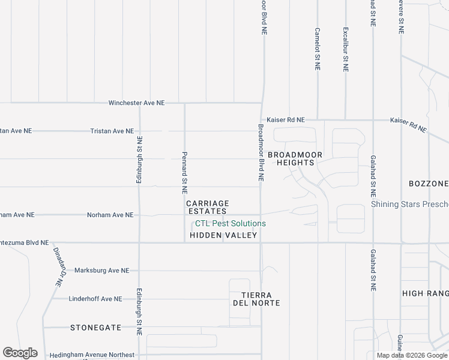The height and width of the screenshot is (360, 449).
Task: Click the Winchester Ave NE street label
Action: [x=136, y=103]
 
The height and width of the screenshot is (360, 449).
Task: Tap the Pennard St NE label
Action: [x=184, y=172]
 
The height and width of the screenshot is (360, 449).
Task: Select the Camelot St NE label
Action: [x=317, y=49]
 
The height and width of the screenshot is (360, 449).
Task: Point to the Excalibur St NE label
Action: [x=345, y=49]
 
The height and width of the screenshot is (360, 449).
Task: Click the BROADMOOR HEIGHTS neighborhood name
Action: [x=295, y=159]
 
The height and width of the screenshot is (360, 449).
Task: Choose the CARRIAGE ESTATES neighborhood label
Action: [x=208, y=208]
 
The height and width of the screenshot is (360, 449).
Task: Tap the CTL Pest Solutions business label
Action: [x=230, y=224]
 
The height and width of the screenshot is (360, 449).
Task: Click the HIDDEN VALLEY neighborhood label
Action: [x=223, y=235]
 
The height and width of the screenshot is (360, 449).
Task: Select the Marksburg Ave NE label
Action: [x=101, y=271]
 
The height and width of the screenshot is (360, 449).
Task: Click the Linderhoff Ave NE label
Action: [x=95, y=299]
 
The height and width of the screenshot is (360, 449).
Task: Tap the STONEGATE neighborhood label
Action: [x=95, y=328]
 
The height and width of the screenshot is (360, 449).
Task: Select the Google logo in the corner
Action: [x=19, y=353]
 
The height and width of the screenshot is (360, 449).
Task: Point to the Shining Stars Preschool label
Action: [x=410, y=204]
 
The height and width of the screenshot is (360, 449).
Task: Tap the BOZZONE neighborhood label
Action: [x=429, y=183]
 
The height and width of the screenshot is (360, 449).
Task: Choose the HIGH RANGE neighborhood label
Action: [x=425, y=293]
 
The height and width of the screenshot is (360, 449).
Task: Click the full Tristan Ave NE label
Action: [x=112, y=131]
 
